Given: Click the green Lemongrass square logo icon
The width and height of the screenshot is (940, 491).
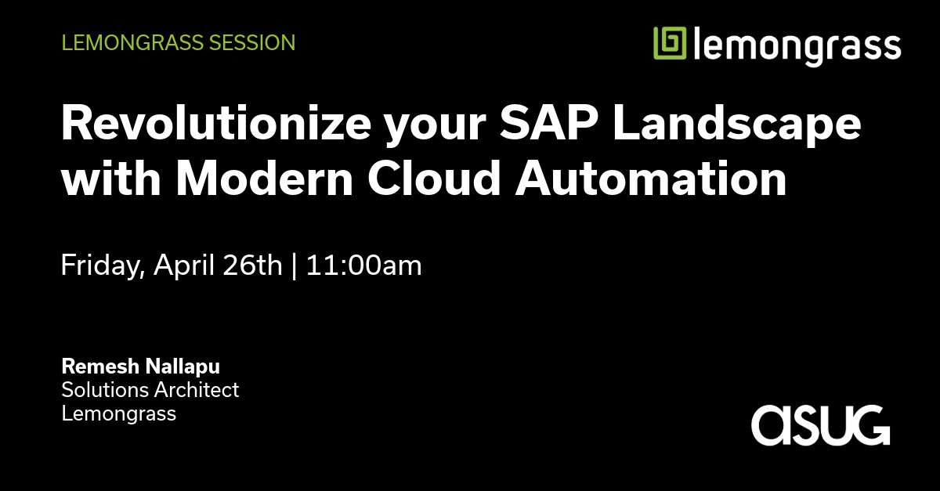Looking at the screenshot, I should coord(671,44).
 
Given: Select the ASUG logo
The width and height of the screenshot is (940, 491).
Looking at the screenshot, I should coord(821,425).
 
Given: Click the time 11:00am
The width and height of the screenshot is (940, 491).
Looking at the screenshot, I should coord(363,266).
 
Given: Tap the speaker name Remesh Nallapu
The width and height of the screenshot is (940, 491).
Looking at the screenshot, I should coord(141,366).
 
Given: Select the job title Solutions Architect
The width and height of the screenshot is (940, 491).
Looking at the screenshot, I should coord(150,389).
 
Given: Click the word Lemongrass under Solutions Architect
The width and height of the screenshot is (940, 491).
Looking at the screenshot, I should coord(119,413).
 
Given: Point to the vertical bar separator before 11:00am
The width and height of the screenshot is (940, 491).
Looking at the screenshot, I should coord(294,266).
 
